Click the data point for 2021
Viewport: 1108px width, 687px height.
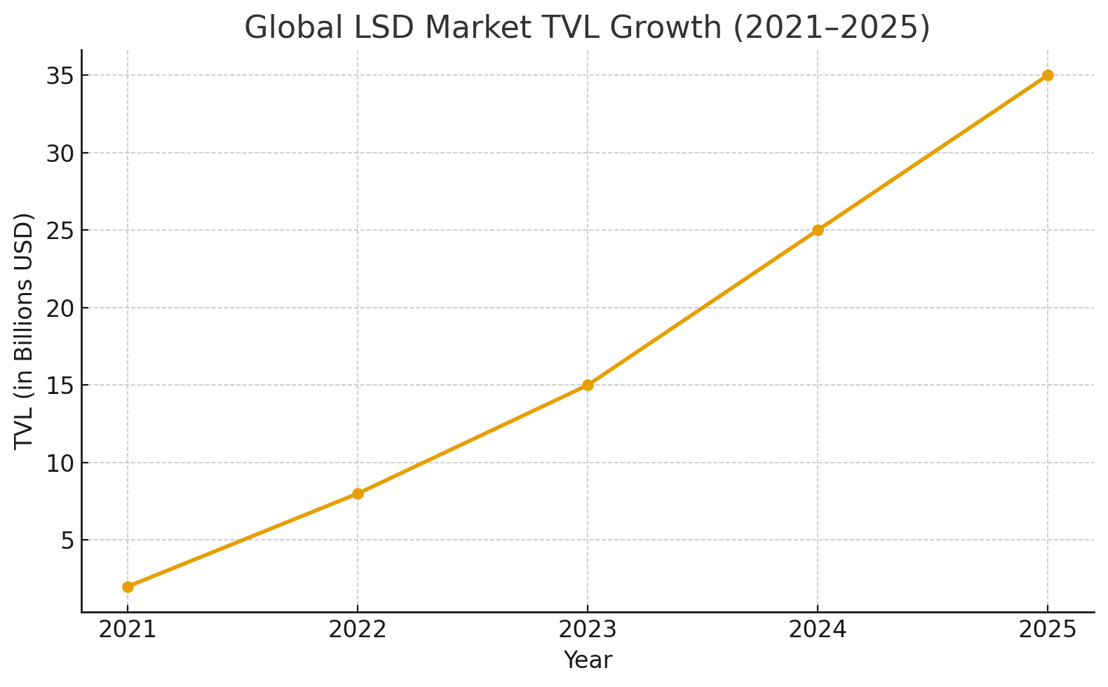pos(128,587)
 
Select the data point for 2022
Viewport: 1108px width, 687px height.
pos(358,494)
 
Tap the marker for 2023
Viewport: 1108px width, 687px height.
pos(588,385)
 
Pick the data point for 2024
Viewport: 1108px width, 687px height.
pos(818,230)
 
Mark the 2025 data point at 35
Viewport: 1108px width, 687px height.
pos(1048,75)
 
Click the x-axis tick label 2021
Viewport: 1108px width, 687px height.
pos(128,630)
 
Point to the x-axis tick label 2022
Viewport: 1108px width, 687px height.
pos(358,630)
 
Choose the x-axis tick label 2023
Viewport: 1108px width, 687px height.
pos(588,630)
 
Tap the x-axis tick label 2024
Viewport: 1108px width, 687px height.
pos(818,630)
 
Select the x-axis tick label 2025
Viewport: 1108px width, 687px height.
pos(1048,630)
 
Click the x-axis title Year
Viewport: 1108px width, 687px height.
pos(588,660)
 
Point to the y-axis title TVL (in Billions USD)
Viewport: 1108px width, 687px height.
pos(25,330)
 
